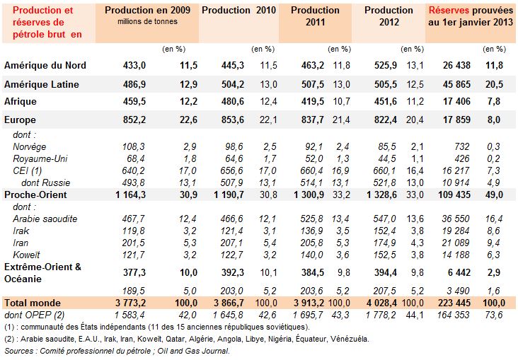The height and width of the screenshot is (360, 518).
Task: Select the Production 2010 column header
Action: click(236, 11)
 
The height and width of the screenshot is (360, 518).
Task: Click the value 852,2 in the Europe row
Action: click(133, 120)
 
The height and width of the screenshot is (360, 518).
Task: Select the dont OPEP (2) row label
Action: click(35, 315)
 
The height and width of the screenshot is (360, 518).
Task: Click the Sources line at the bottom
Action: click(117, 350)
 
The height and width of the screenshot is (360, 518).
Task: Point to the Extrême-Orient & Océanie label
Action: click(42, 272)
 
